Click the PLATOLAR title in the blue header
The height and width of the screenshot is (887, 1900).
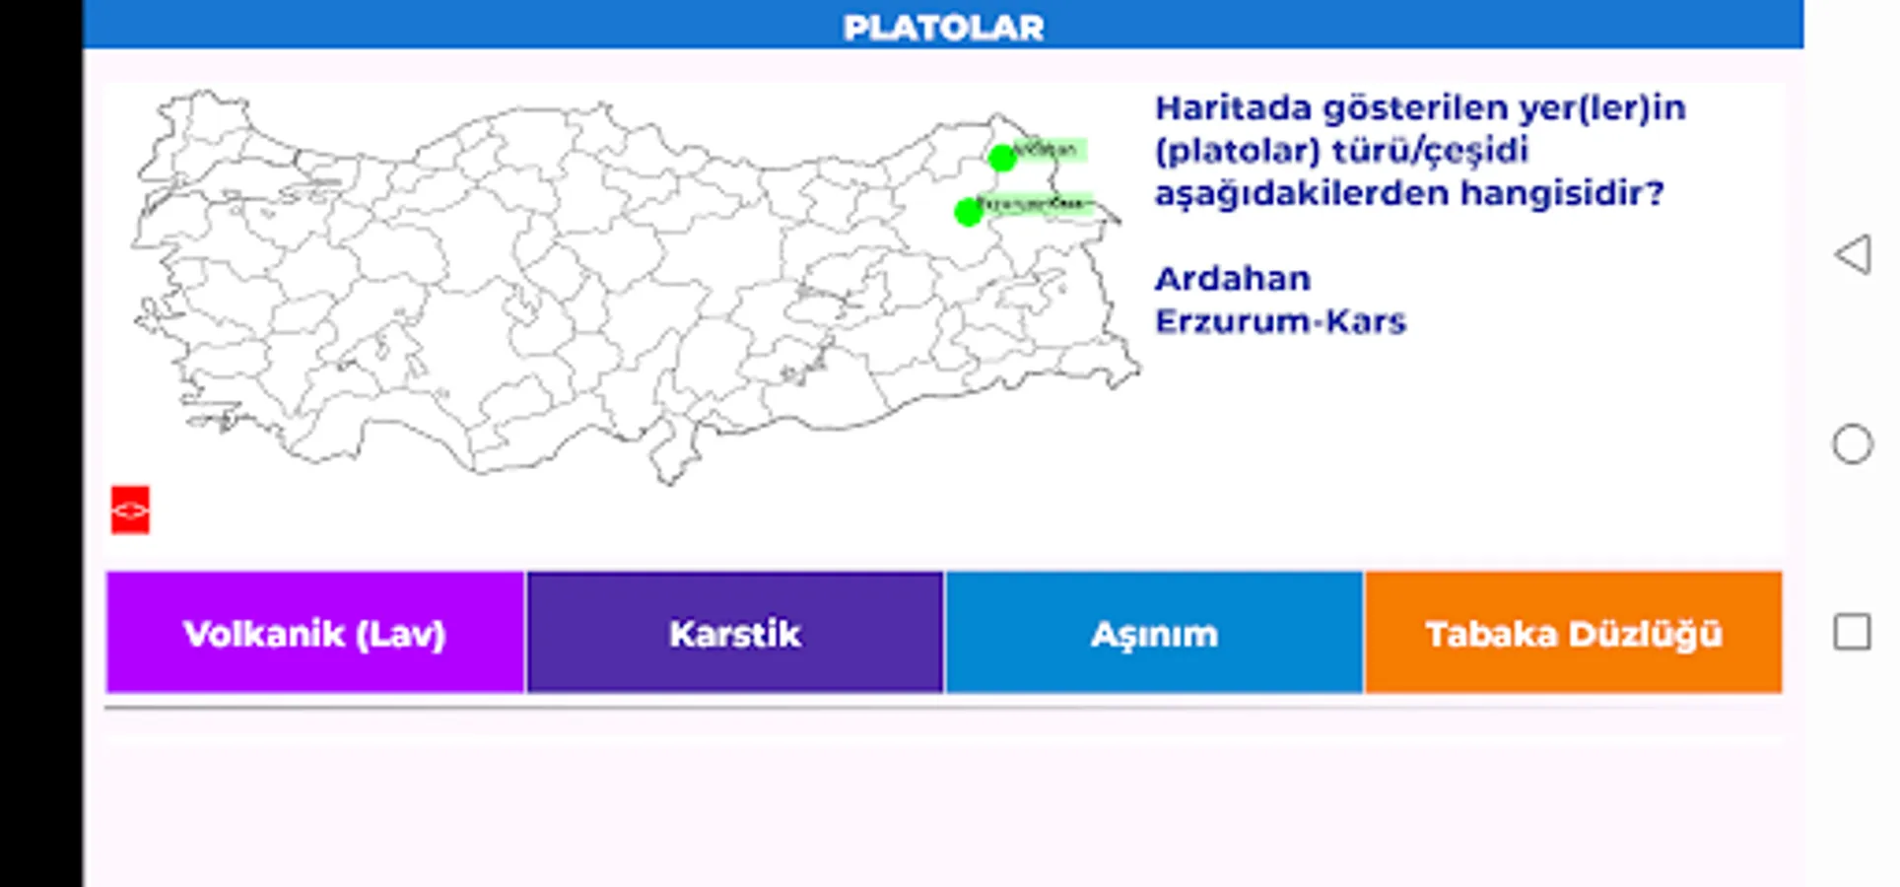click(943, 28)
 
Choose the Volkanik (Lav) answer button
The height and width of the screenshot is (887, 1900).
click(314, 633)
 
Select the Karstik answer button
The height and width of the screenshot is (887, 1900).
click(734, 633)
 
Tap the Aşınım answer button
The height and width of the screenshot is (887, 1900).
click(1154, 633)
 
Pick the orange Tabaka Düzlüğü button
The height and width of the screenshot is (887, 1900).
click(1573, 633)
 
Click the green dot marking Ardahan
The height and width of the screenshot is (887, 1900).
click(1001, 158)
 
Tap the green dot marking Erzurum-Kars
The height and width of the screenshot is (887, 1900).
click(968, 212)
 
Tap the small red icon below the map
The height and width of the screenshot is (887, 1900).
click(130, 510)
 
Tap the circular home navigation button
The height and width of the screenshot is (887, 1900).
click(1852, 444)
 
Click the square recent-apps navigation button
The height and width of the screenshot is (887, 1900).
click(1852, 632)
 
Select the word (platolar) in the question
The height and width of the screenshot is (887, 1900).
click(1237, 151)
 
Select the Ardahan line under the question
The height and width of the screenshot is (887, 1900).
click(1232, 279)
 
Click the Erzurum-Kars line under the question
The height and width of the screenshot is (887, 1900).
click(1279, 321)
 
